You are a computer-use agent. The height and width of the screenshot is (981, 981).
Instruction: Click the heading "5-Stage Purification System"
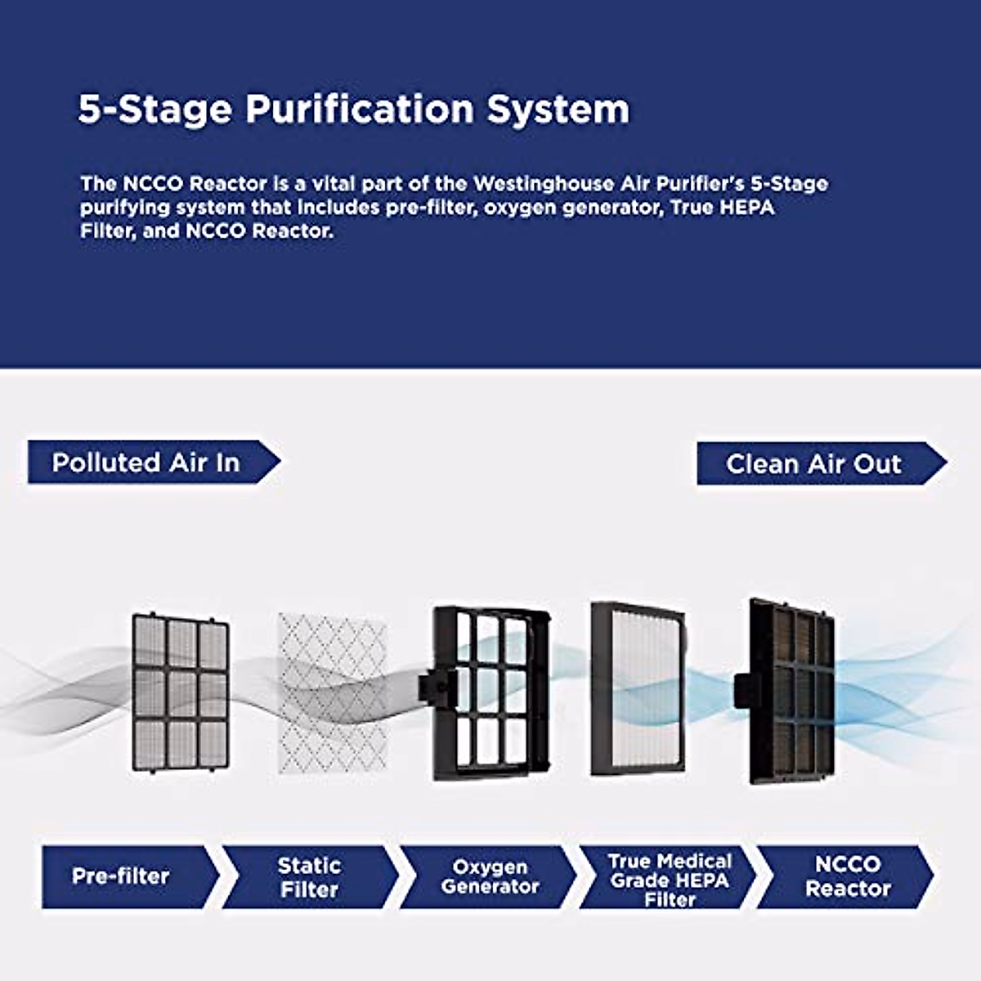353,109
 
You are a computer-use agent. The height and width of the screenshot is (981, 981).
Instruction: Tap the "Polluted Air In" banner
147,463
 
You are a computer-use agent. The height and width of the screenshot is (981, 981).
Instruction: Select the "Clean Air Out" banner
814,464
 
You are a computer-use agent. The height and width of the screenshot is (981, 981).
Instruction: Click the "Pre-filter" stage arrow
123,876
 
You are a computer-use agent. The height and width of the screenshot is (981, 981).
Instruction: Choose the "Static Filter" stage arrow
309,877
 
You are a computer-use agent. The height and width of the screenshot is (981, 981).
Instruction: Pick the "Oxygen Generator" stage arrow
489,877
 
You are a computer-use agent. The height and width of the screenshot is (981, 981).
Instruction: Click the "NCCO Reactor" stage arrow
847,876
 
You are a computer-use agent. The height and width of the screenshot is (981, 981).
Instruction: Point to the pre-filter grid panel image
181,693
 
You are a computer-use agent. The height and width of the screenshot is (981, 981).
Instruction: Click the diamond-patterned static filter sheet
332,693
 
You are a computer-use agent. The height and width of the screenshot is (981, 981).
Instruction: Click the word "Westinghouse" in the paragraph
534,183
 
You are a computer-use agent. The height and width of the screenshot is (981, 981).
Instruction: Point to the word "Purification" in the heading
359,109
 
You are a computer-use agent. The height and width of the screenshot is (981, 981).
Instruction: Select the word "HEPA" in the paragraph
746,207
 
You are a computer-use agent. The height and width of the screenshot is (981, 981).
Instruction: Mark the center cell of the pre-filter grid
181,693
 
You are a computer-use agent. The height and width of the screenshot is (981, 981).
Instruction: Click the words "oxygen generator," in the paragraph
571,207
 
